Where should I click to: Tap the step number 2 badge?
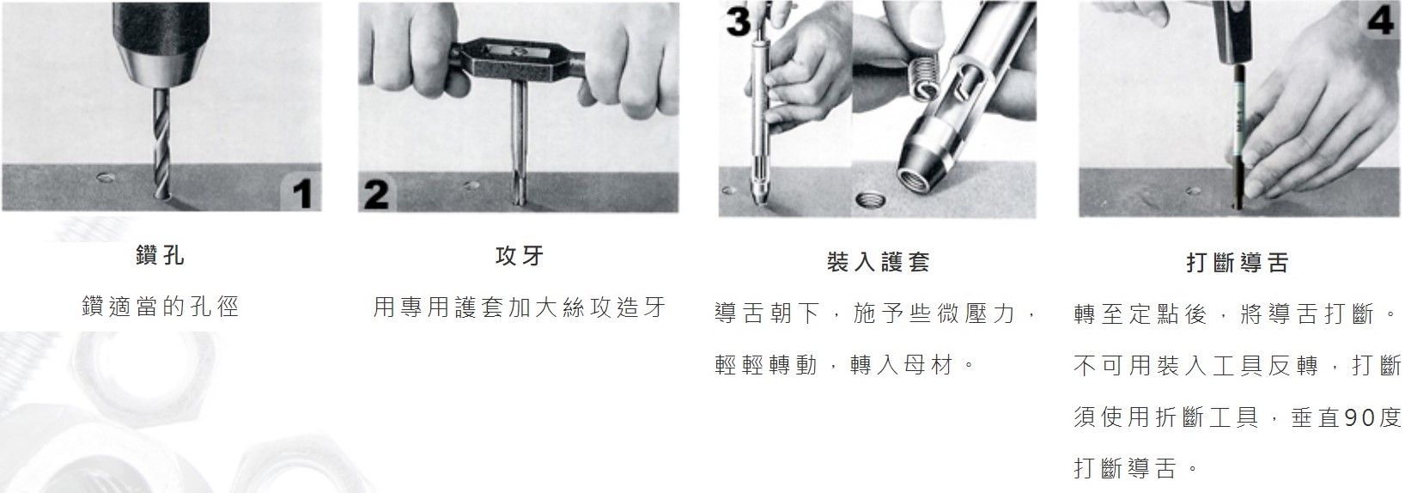[x=377, y=193]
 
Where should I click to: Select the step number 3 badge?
[x=739, y=21]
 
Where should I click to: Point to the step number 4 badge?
[x=1381, y=20]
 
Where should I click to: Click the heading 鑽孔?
[x=161, y=256]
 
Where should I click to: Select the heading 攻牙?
[x=519, y=256]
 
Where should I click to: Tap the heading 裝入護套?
[x=878, y=262]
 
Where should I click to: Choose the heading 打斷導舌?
[x=1237, y=262]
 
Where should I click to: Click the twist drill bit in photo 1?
[x=161, y=143]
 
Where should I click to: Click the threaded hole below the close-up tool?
[x=870, y=201]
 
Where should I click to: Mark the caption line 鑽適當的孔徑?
[x=161, y=307]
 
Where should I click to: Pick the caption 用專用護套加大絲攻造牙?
[x=520, y=307]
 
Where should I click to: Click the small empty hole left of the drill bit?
[x=106, y=178]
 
